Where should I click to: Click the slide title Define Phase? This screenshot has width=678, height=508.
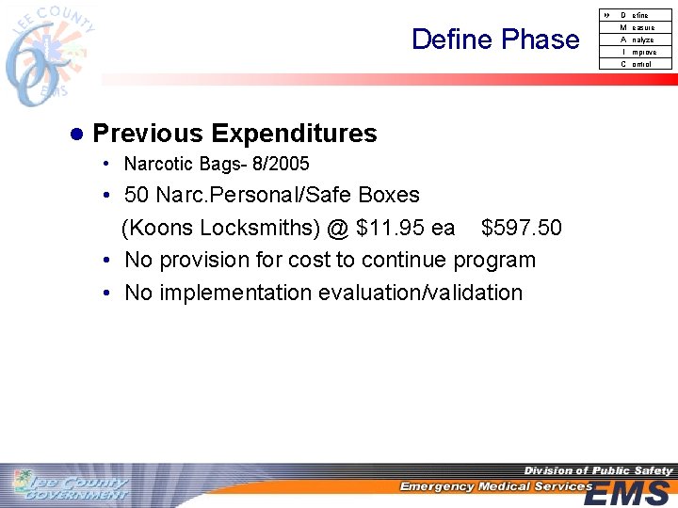point(495,40)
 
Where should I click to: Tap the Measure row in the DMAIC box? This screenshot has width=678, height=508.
point(637,27)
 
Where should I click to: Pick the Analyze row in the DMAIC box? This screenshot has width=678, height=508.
point(637,40)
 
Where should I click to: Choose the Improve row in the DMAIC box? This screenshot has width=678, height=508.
point(637,52)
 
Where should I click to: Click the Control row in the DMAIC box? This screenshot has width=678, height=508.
point(637,64)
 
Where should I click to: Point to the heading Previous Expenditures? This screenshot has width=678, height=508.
point(234,134)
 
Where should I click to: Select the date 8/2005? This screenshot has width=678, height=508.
point(281,165)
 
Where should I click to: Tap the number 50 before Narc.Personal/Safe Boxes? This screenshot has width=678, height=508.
point(137,196)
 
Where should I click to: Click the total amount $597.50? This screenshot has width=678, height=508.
point(521,229)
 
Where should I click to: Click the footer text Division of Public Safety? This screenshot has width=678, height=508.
point(598,470)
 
